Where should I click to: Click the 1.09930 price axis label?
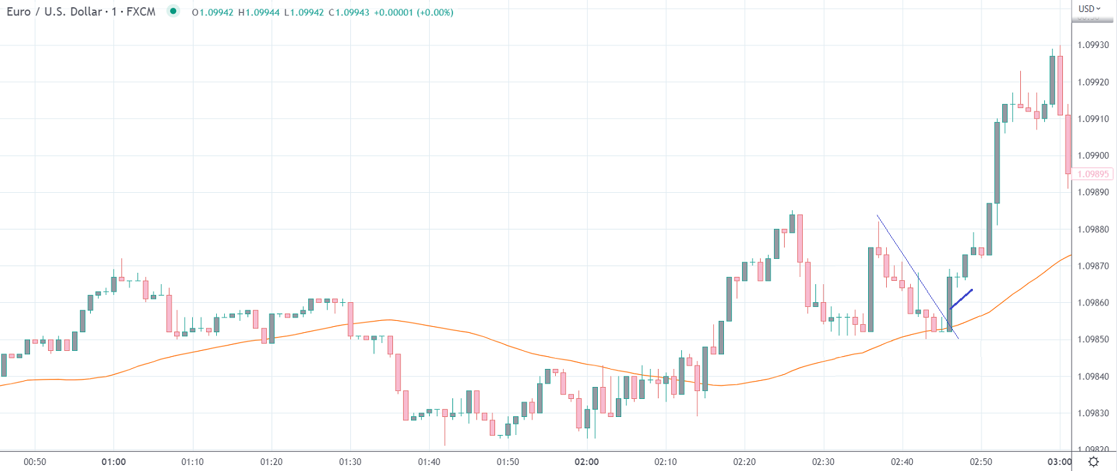pos(1093,45)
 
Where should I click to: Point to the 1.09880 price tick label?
pos(1093,229)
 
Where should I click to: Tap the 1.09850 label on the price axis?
pos(1093,340)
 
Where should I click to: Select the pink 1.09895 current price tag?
pos(1093,174)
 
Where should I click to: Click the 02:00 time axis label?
pos(587,462)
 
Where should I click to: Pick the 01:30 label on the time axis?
pos(350,462)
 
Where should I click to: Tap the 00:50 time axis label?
pos(35,462)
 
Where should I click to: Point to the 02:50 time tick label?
pos(981,462)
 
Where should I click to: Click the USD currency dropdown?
pos(1090,9)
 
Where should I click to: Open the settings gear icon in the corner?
pos(1094,462)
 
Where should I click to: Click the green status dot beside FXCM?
pos(173,11)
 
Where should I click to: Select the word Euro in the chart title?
pos(19,12)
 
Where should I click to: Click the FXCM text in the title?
pos(141,12)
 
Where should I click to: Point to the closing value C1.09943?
pos(349,13)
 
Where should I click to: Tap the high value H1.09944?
pos(259,13)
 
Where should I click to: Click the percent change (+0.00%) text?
pos(435,13)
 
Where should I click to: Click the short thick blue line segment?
pos(962,298)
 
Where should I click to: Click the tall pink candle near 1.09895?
pos(1068,144)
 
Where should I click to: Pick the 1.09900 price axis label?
pos(1093,155)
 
